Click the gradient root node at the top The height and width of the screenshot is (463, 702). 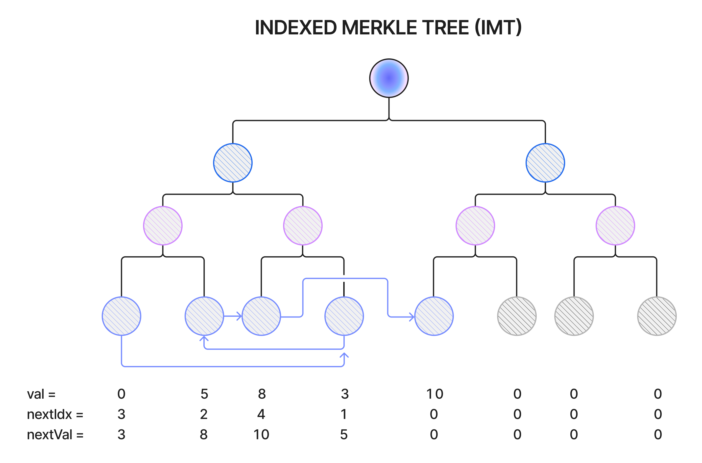tap(389, 78)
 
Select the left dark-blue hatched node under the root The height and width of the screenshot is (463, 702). tap(233, 163)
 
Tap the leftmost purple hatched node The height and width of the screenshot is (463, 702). tap(163, 226)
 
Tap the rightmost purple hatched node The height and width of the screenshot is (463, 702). tap(615, 226)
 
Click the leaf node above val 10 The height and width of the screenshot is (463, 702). tap(434, 316)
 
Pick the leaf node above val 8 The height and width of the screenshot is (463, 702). tap(261, 316)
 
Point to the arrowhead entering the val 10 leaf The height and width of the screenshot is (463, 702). tap(412, 317)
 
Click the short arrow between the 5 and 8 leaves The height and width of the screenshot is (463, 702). tap(233, 316)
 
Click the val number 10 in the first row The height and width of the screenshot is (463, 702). tap(435, 394)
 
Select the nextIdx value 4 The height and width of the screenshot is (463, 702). tap(261, 414)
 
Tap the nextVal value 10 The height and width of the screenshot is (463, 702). tap(261, 434)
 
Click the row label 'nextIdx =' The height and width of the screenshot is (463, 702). tap(55, 414)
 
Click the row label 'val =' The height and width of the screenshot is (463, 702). tap(41, 394)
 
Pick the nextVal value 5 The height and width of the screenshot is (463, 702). tap(344, 434)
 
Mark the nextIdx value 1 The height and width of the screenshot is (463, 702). tap(344, 414)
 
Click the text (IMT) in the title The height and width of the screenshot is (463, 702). tap(498, 28)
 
